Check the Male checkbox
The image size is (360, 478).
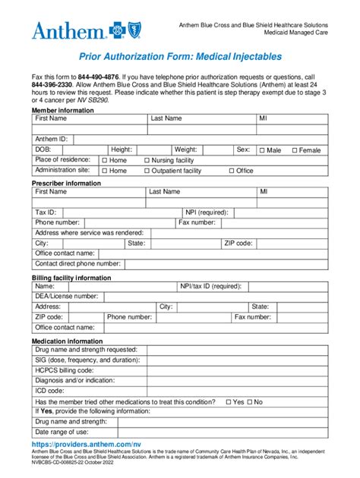coord(262,150)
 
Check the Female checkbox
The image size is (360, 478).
coord(295,150)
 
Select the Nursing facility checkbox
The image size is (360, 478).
coord(147,161)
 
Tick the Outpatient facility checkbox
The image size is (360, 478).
coord(147,171)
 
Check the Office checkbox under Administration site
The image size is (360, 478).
coord(231,171)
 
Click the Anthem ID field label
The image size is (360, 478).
coord(51,139)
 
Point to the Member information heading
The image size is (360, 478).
coord(62,110)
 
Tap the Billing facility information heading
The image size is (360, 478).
coord(71,278)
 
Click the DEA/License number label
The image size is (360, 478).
coord(66,296)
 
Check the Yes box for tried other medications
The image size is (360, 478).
coord(229,401)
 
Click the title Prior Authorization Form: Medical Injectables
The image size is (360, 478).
coord(180,56)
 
